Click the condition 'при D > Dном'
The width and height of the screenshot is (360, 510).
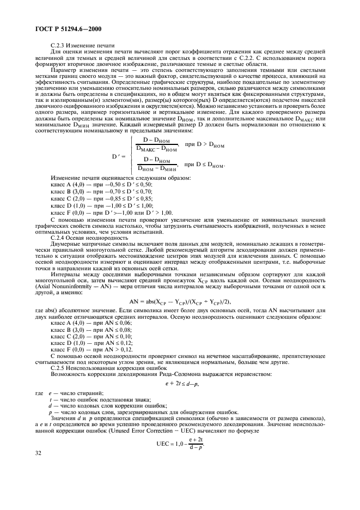click(209, 145)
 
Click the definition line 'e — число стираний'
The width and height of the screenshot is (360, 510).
click(76, 393)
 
